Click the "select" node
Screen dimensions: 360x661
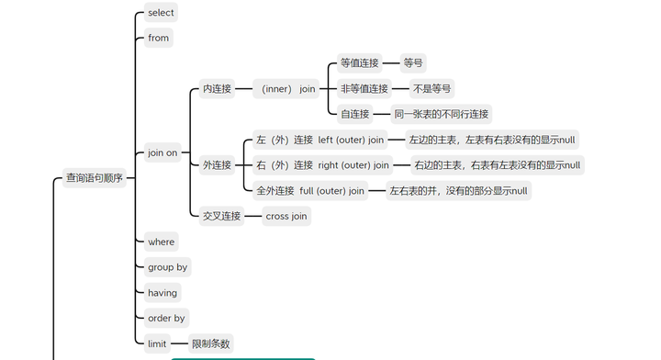161,13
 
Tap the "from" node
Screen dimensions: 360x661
159,39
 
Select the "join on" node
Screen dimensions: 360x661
162,152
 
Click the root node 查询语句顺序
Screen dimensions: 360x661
94,178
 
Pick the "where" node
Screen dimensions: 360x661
161,242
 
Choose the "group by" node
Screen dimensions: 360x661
167,267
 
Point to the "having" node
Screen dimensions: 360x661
162,293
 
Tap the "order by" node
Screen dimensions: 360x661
166,319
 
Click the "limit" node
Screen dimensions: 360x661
157,343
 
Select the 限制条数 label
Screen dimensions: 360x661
210,343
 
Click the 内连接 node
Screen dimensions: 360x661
217,89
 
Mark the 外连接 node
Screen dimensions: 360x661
217,165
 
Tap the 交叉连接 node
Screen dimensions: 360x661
221,216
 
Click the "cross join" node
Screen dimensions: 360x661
286,216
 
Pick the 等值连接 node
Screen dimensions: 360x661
359,63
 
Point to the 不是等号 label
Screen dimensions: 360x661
431,89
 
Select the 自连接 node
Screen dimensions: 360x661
354,114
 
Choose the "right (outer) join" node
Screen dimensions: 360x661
322,165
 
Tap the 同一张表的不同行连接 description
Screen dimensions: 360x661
441,114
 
